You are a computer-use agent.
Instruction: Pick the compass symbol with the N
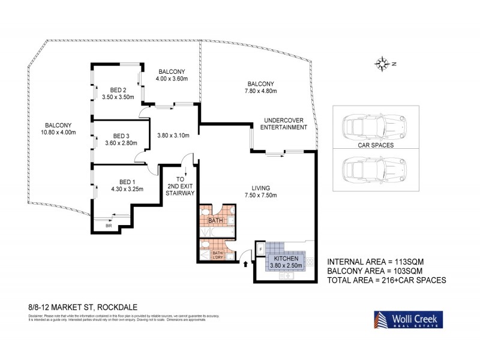[382, 62]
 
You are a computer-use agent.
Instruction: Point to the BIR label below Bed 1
[109, 226]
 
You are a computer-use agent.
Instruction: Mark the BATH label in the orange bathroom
[215, 221]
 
